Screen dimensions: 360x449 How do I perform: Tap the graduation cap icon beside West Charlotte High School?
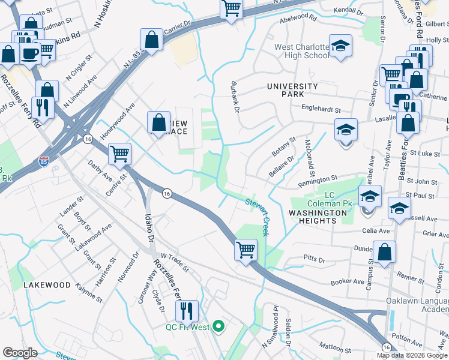[340, 46]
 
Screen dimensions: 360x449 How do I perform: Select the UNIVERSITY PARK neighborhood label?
[292, 91]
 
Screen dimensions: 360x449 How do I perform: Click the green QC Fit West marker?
[218, 326]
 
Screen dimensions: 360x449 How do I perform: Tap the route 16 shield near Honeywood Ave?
[88, 139]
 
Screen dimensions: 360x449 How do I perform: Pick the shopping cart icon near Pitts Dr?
[246, 248]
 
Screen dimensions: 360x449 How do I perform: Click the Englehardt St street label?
[321, 110]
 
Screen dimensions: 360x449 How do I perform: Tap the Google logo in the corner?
[20, 353]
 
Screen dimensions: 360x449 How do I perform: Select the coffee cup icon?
[29, 54]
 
